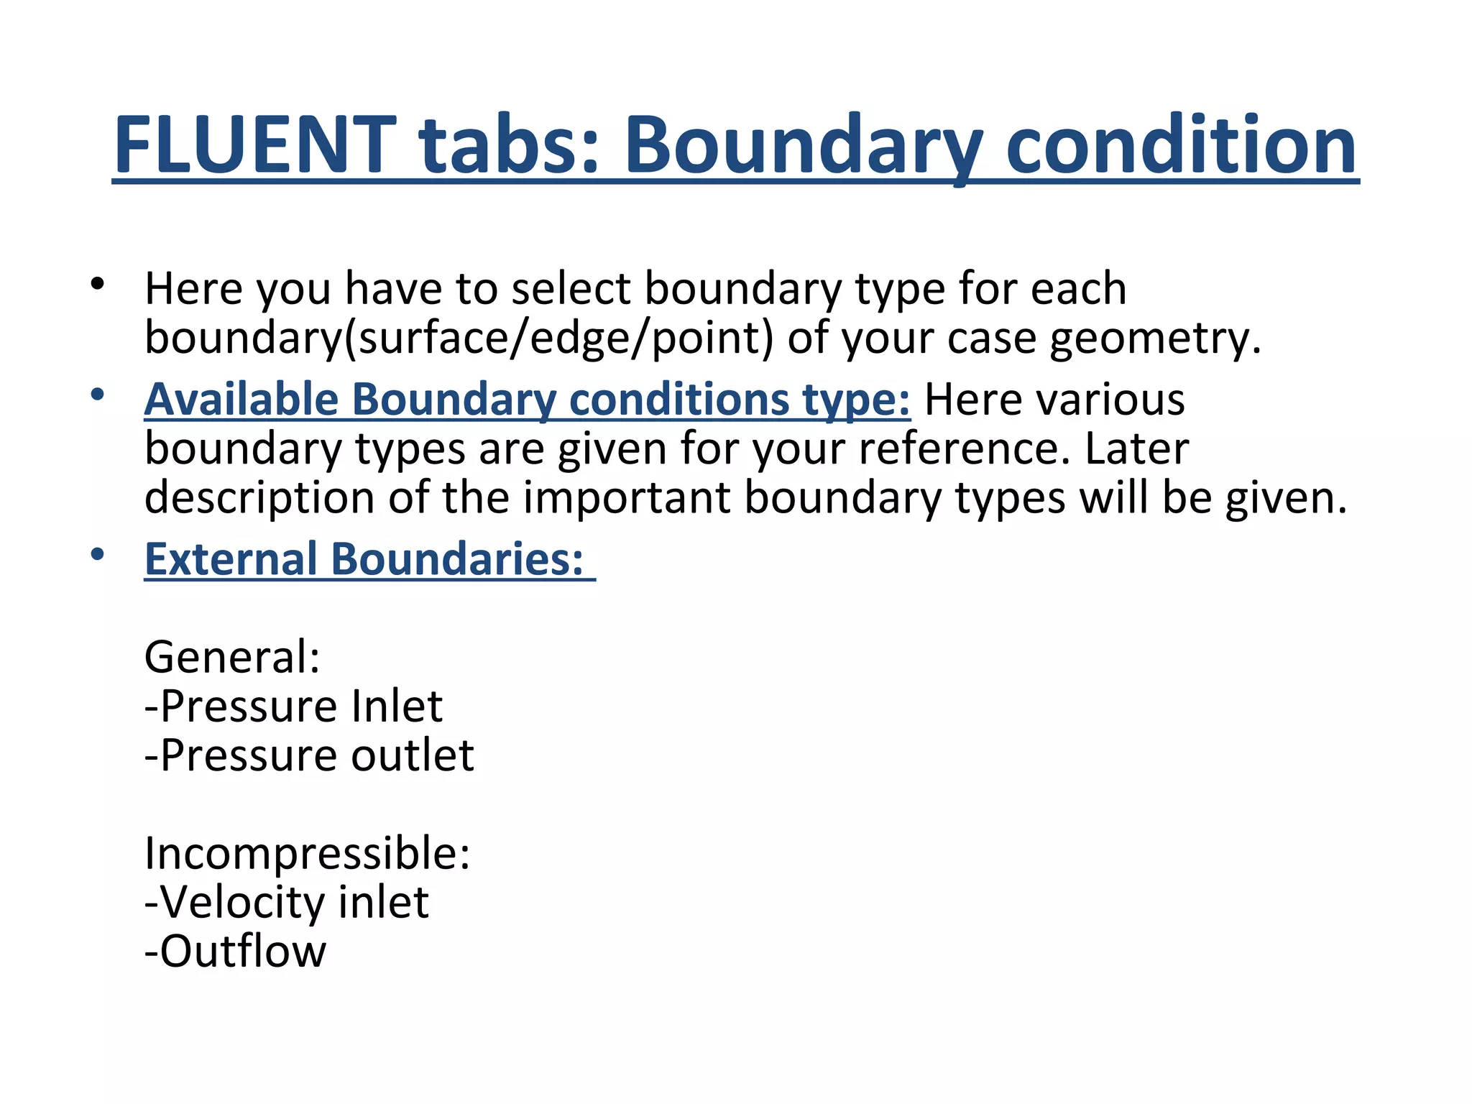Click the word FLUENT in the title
[254, 146]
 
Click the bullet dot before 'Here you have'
[98, 285]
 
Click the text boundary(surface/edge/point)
[459, 338]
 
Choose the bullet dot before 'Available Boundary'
[98, 395]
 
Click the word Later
[1136, 448]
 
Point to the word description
[259, 497]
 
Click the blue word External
[231, 558]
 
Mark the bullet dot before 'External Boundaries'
[98, 554]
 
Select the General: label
[232, 657]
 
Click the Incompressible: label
[307, 854]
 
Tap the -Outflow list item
[235, 952]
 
